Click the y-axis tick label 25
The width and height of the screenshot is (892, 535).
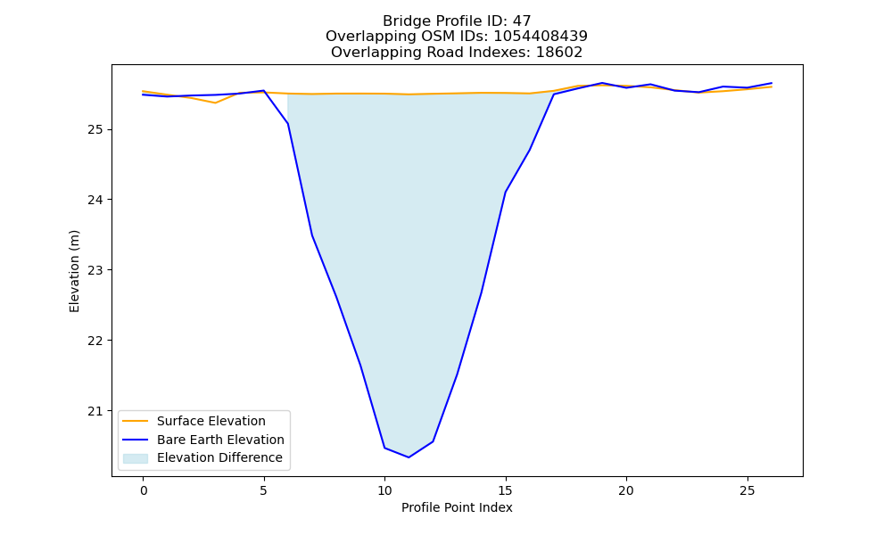click(x=95, y=129)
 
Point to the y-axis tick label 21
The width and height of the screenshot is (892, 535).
click(x=95, y=411)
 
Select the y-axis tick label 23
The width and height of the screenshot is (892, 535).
click(x=95, y=271)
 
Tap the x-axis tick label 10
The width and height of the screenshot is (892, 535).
click(x=384, y=490)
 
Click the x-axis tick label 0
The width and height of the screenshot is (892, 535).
click(x=144, y=490)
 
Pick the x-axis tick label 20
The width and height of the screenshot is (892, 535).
click(x=626, y=490)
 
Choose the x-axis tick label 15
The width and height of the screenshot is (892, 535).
click(x=505, y=490)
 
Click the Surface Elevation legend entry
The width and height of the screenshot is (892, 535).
click(x=194, y=421)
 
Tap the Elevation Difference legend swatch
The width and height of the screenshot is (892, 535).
click(x=136, y=457)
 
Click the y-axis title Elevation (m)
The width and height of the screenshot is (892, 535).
click(x=75, y=271)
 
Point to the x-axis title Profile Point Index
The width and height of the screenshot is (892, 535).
click(x=457, y=507)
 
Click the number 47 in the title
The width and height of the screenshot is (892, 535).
click(x=522, y=21)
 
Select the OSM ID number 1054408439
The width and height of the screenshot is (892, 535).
click(x=541, y=37)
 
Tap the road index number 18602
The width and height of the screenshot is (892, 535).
click(x=559, y=53)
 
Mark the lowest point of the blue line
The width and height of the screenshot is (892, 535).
click(x=409, y=457)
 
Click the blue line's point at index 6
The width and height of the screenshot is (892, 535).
click(x=288, y=123)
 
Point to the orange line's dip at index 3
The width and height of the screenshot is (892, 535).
click(x=215, y=103)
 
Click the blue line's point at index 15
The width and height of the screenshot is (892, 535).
click(x=505, y=193)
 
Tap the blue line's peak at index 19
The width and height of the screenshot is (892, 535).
click(x=602, y=83)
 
